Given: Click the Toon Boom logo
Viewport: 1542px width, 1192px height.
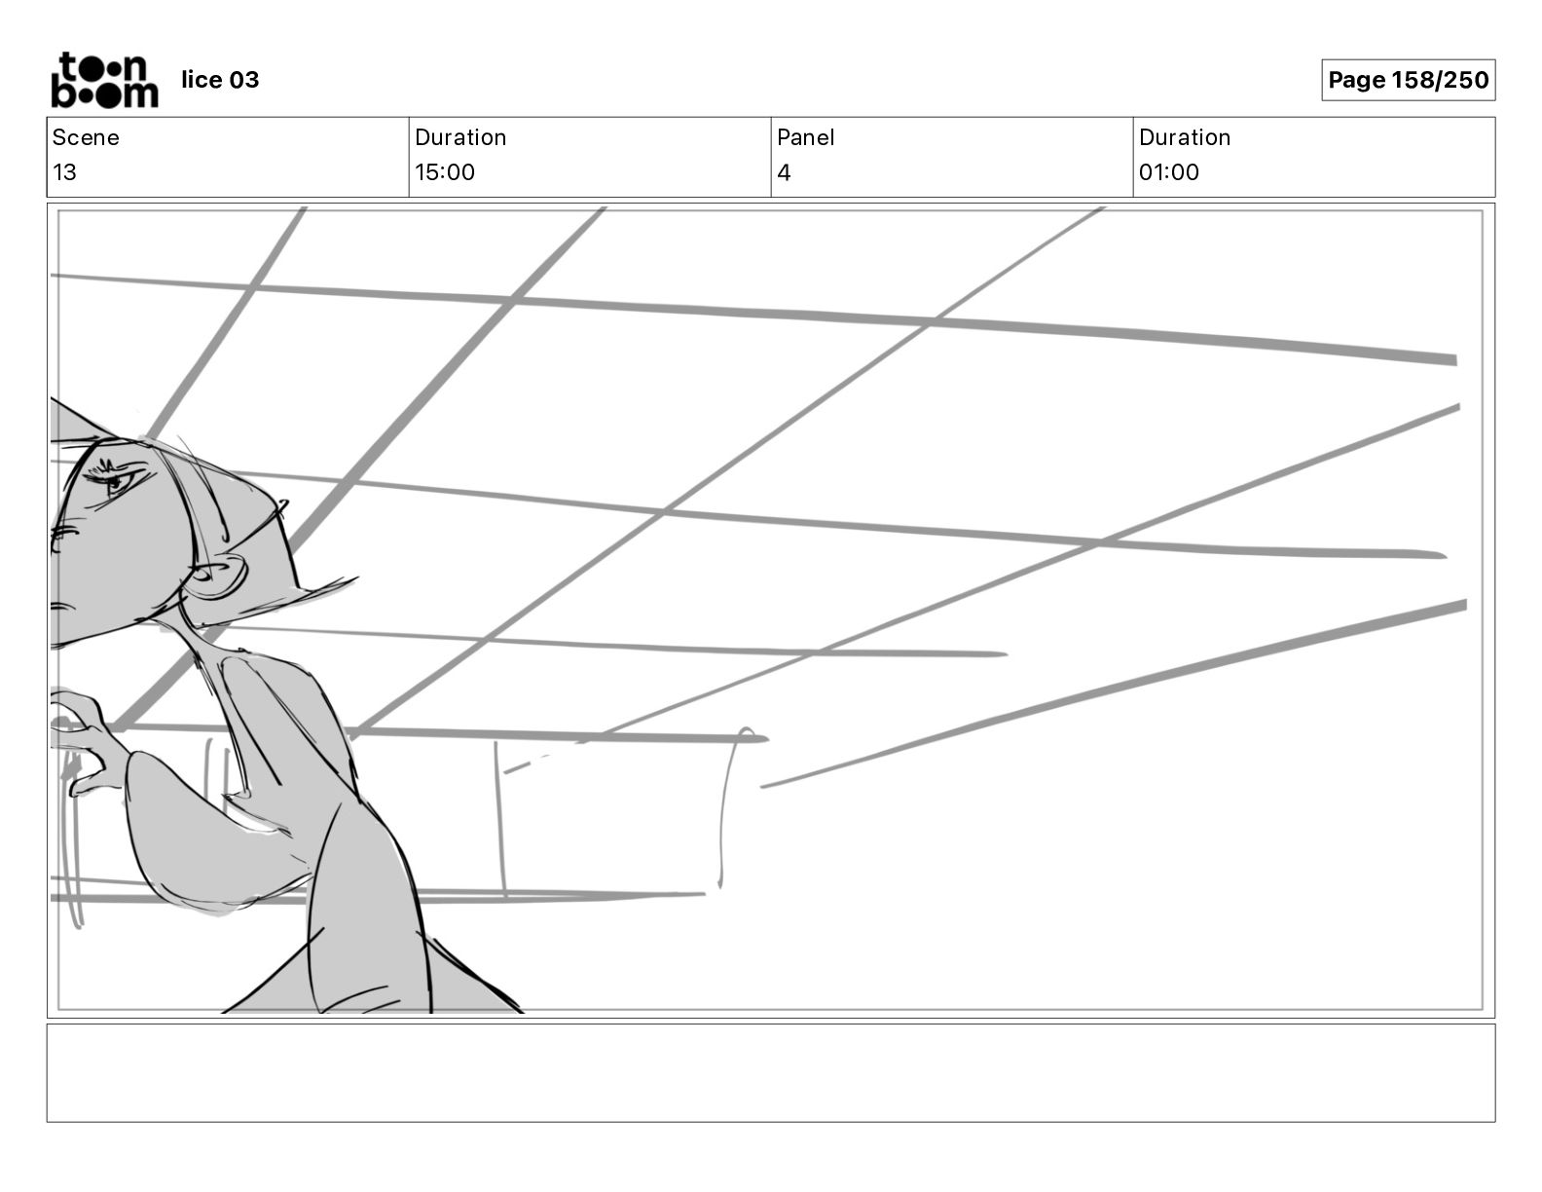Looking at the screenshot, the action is click(x=103, y=80).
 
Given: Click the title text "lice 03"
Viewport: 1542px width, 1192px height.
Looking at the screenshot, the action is click(x=220, y=80).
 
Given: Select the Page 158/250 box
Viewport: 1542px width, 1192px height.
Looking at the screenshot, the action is click(x=1408, y=80).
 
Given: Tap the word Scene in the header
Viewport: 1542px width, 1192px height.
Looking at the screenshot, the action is click(x=86, y=137).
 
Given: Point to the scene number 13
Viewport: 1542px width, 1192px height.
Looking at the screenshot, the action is click(x=64, y=172).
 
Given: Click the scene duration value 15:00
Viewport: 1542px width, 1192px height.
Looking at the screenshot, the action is click(x=445, y=172).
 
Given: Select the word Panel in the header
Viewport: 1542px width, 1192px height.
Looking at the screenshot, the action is click(x=805, y=137).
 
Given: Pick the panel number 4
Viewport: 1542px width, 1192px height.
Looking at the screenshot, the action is click(x=784, y=172).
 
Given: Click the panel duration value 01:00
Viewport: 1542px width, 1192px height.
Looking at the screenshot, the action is click(x=1168, y=172).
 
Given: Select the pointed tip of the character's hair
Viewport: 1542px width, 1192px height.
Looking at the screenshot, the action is click(x=350, y=581).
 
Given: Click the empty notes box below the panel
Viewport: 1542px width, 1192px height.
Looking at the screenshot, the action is click(x=770, y=1072).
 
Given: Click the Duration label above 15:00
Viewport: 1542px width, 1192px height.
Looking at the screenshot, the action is click(x=460, y=137).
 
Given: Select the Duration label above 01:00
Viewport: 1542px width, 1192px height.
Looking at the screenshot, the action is click(x=1184, y=137).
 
